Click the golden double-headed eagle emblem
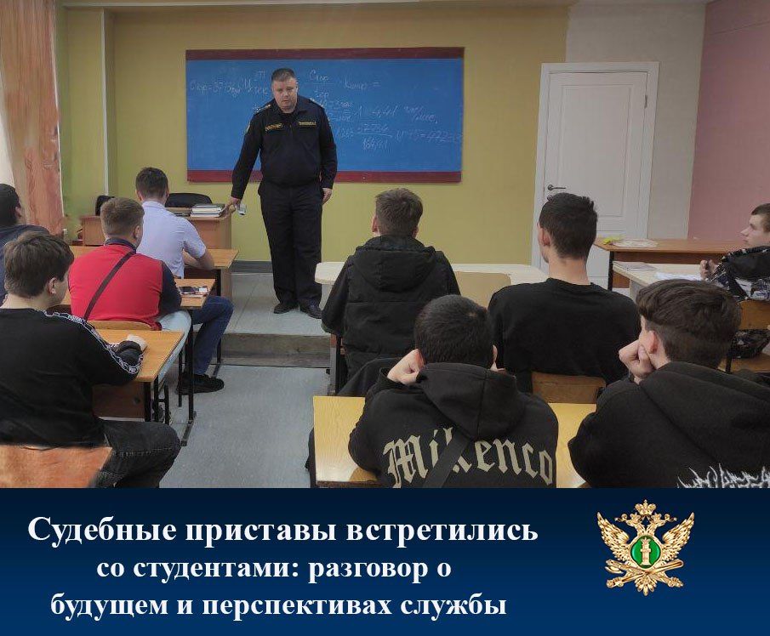(x=645, y=548)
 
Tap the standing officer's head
(x=283, y=86)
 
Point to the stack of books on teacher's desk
(x=207, y=209)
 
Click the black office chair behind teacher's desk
(x=187, y=200)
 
